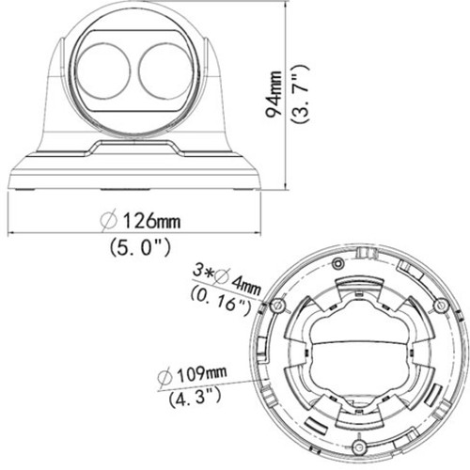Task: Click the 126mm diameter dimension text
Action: tap(140, 220)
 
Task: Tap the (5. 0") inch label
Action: tap(140, 247)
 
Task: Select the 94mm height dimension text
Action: tap(274, 94)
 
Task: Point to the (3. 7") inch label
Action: tap(300, 94)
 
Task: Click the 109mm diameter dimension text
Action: tap(192, 374)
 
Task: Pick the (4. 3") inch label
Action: tap(195, 397)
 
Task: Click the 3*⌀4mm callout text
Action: tap(227, 280)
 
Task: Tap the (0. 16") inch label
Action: tap(221, 300)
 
